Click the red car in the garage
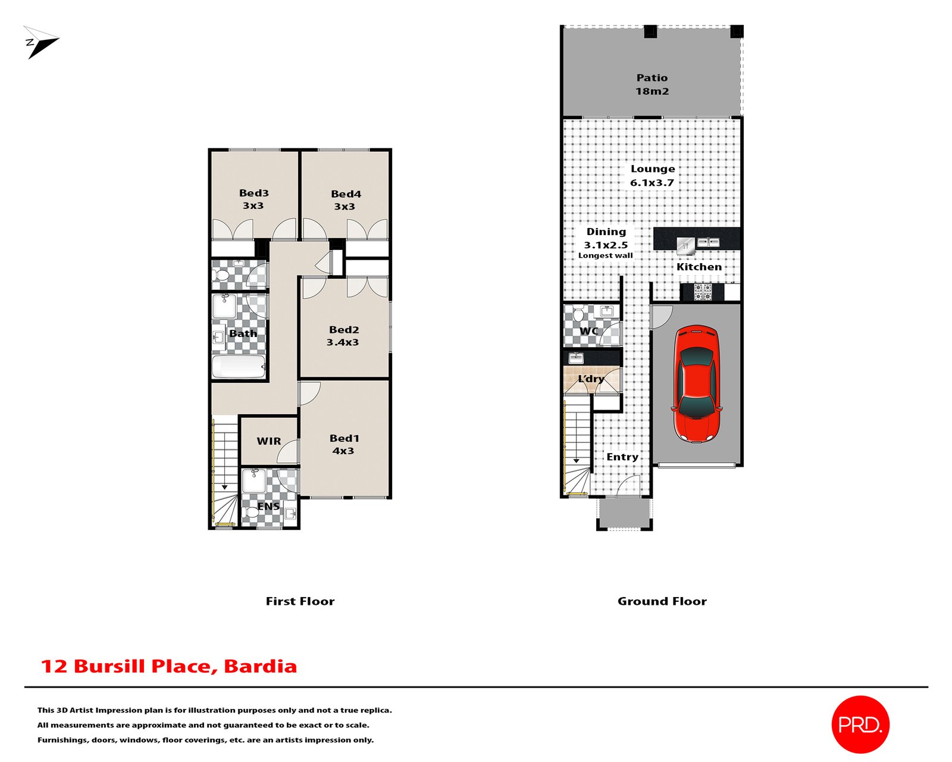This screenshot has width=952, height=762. click(697, 383)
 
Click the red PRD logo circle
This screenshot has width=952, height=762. click(860, 724)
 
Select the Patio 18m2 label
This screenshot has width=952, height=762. click(652, 85)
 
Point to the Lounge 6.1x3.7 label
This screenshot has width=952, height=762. click(652, 176)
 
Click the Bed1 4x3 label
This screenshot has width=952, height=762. click(344, 445)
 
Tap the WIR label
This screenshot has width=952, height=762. click(269, 441)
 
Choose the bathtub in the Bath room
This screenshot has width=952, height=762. click(239, 367)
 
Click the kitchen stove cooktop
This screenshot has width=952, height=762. click(702, 292)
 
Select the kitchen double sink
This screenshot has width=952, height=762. click(708, 242)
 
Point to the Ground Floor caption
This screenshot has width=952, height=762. click(662, 601)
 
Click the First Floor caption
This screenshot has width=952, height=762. click(300, 601)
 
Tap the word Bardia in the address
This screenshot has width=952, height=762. click(260, 666)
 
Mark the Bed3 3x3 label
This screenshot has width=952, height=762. click(253, 199)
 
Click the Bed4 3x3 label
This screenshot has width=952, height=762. click(346, 200)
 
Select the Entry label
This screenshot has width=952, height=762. click(622, 457)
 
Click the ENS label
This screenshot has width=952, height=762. click(268, 507)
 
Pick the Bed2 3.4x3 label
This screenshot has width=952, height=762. click(343, 336)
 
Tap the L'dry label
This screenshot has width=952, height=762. click(591, 379)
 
